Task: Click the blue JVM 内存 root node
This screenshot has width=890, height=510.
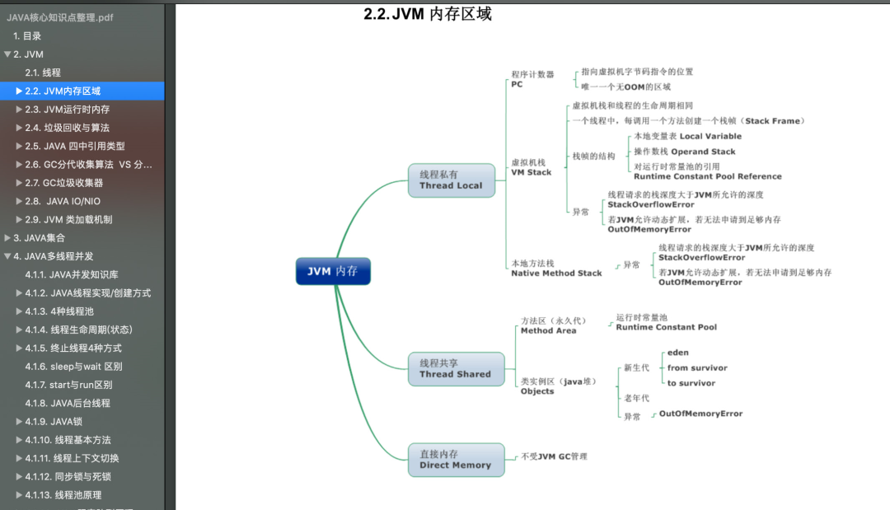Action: click(333, 271)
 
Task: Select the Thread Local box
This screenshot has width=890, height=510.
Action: click(452, 180)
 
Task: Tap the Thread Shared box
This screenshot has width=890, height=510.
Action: click(456, 369)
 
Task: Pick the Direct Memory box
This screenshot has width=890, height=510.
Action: click(456, 460)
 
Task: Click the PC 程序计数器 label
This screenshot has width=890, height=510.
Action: click(532, 79)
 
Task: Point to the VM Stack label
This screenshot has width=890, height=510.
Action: click(532, 167)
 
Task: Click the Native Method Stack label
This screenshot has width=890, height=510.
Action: click(556, 269)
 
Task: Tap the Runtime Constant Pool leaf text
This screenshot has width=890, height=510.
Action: click(667, 322)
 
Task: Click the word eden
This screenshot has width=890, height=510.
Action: click(677, 353)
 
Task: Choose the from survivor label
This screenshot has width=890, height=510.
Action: click(697, 367)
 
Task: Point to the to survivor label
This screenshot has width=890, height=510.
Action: click(691, 383)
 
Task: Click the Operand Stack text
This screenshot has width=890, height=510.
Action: click(703, 152)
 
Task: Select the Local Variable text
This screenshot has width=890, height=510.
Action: click(710, 136)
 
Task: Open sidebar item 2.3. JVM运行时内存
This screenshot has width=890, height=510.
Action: click(67, 109)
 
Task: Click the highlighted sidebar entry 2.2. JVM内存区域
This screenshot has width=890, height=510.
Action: click(63, 91)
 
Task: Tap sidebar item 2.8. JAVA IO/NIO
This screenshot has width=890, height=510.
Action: click(63, 201)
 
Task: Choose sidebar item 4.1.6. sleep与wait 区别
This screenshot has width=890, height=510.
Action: click(73, 367)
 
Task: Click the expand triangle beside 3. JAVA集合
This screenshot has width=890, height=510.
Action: click(7, 237)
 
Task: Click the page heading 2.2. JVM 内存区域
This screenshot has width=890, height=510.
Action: click(428, 14)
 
